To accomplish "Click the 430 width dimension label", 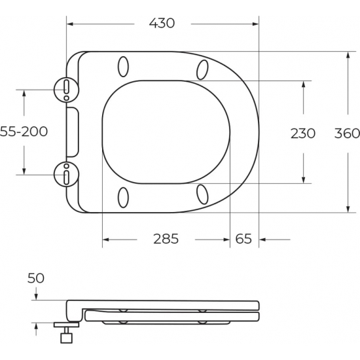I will [162, 23].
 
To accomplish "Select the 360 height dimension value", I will [346, 133].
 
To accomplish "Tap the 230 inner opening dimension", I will [302, 133].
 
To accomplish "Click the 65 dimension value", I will [243, 239].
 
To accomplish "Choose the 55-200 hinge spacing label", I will [24, 132].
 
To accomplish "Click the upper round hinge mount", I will [67, 87].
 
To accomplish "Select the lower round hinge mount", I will [67, 175].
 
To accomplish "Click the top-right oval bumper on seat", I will [202, 67].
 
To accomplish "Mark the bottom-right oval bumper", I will [202, 195].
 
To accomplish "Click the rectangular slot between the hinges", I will [72, 132].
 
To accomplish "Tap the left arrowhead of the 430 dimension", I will [73, 23].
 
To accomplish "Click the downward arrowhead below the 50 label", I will [35, 297].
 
